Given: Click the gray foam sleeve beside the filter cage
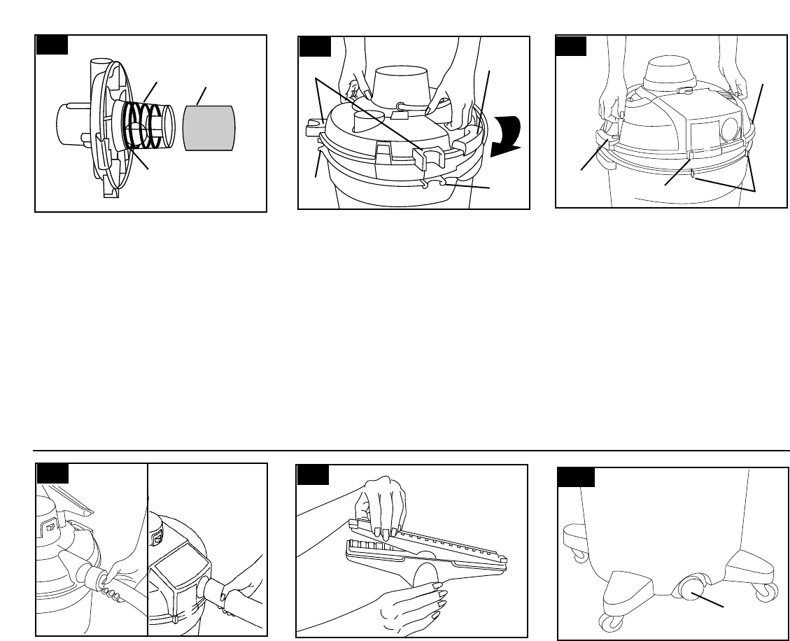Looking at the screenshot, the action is coord(209,127).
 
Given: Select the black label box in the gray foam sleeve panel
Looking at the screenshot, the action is coord(52,45).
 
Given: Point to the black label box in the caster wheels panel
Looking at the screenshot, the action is coord(576,477).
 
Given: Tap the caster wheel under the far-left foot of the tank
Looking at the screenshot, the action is coord(579,554).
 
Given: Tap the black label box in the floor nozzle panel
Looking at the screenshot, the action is coord(313,475).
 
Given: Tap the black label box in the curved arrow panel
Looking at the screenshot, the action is coord(314,45).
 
